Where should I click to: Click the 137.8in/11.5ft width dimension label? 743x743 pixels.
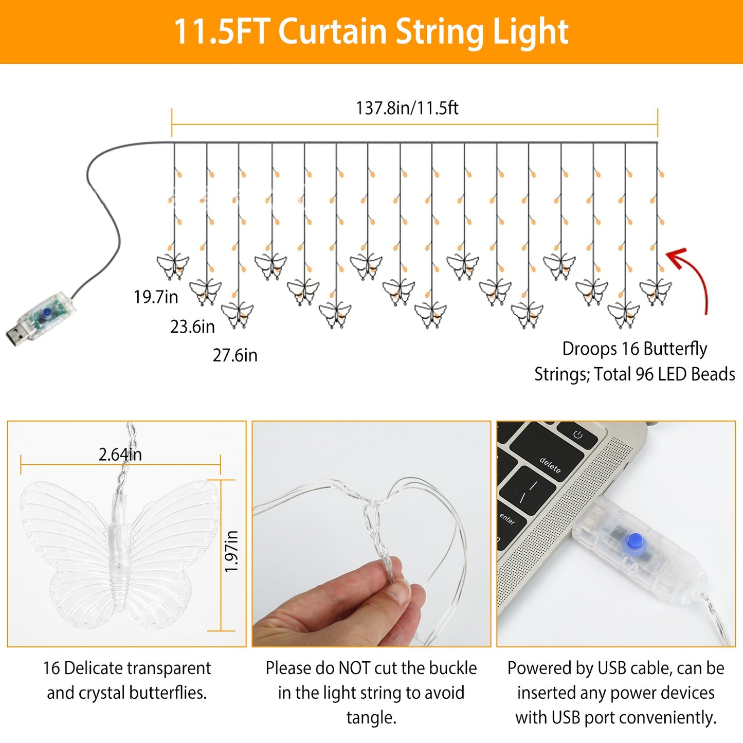tap(407, 108)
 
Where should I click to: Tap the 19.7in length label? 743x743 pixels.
tap(156, 297)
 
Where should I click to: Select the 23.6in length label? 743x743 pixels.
tap(192, 327)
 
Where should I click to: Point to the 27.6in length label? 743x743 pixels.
tap(235, 355)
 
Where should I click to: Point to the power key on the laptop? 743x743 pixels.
tap(577, 435)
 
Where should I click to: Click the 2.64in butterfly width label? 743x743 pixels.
tap(120, 455)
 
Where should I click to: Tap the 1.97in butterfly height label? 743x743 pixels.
tap(232, 551)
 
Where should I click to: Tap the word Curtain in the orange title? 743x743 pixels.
tap(332, 32)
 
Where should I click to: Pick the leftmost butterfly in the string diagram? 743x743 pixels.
tap(173, 265)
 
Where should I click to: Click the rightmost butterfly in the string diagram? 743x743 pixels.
tap(656, 291)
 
